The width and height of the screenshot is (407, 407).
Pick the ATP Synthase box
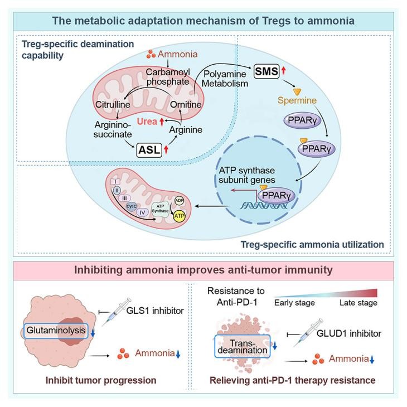161,207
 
